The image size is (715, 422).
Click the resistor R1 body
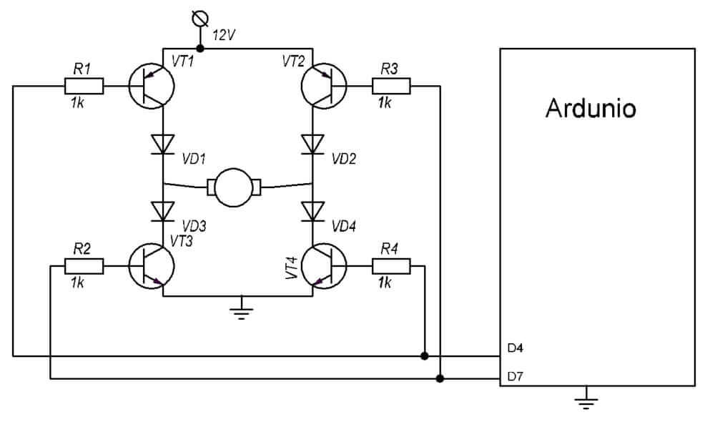[x=84, y=87]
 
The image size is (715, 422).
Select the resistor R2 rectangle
[x=84, y=266]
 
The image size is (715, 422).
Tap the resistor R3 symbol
[x=391, y=87]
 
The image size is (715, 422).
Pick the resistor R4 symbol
[x=391, y=266]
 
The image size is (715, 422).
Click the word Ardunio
[x=591, y=109]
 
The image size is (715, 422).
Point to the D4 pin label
[x=516, y=348]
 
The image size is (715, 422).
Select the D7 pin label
[x=516, y=376]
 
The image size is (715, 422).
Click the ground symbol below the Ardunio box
[x=587, y=400]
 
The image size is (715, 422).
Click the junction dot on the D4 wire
[x=425, y=355]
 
